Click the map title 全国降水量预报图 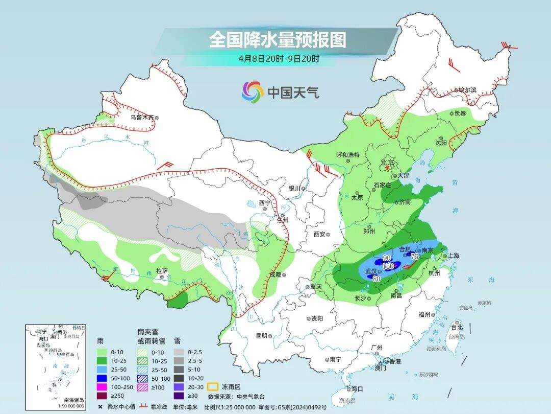tap(278, 39)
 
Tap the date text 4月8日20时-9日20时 tap(279, 58)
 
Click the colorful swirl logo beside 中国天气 tap(253, 92)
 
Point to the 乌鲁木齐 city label tap(141, 117)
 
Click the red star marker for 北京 tap(388, 167)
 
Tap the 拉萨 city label tap(162, 271)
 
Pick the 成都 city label tap(275, 274)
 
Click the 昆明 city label tap(261, 336)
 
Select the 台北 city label tap(457, 327)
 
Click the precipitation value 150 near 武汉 tap(388, 266)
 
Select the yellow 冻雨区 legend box tap(212, 387)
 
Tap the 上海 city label tap(452, 256)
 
